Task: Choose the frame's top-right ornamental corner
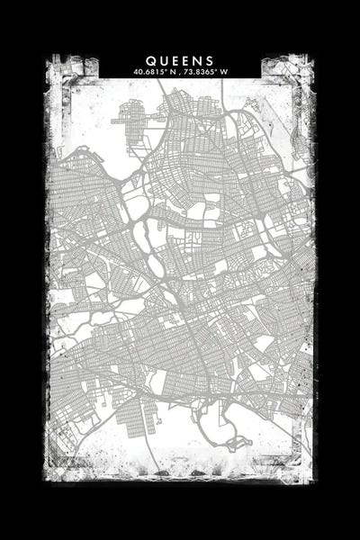click(x=288, y=72)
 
